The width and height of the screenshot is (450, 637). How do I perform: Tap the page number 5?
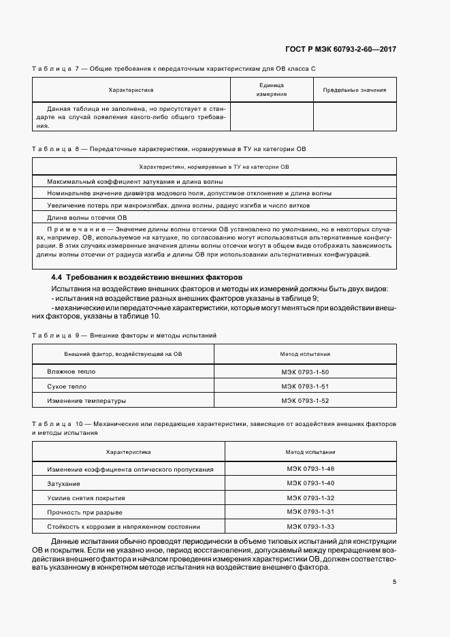[x=394, y=582]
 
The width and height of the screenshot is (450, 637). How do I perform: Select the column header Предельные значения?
[x=354, y=90]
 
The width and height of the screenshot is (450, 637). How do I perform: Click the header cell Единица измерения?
[x=272, y=90]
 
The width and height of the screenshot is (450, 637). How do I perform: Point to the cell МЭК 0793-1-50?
[x=305, y=372]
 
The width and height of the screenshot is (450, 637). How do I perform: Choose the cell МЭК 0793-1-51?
[x=305, y=387]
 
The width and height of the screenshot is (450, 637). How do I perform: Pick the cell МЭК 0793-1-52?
[x=305, y=401]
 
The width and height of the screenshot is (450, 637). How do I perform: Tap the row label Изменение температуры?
[x=86, y=401]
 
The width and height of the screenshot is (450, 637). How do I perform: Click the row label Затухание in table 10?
[x=64, y=484]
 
